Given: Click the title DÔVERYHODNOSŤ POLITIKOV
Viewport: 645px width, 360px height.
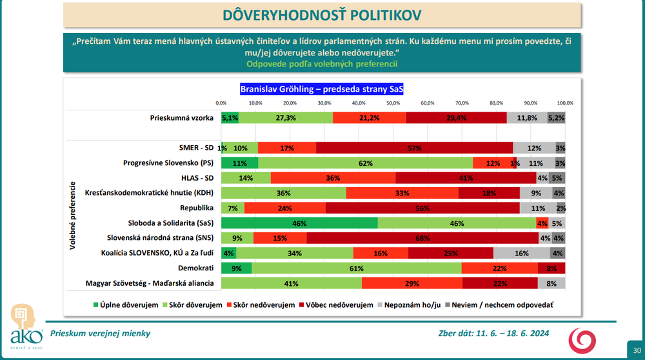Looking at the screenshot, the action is point(322,15).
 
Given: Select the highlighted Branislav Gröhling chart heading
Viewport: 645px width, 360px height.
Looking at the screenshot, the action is point(322,89).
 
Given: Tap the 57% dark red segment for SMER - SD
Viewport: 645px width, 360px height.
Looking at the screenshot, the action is point(415,148).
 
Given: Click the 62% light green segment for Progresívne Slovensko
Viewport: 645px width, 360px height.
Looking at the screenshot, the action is point(366,163).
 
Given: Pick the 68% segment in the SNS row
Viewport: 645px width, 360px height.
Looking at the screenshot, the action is point(422,238).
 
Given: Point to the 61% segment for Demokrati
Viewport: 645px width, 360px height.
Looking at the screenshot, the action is point(357,268).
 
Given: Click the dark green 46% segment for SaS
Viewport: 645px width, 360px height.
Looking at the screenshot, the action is point(299,223).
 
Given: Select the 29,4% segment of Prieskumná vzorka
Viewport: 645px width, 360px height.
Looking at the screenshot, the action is point(456,117).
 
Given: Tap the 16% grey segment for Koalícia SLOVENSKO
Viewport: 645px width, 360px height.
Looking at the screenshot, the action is point(522,253).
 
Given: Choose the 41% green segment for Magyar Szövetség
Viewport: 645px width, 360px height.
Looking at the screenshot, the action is point(292,283).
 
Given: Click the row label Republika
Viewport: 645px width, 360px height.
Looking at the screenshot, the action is point(197,208).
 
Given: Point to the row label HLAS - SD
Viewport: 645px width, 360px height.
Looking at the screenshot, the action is point(197,177).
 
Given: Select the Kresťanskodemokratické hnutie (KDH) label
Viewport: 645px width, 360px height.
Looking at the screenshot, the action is point(150,192).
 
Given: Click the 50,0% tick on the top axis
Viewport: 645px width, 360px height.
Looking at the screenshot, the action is point(393,103).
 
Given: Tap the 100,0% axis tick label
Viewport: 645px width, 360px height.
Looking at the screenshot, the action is point(565,103).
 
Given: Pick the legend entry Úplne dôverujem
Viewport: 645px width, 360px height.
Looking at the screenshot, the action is point(126,305).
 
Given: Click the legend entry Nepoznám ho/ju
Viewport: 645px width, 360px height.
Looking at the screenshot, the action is point(409,305).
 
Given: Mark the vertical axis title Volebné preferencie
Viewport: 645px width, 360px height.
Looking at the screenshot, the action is point(72,215).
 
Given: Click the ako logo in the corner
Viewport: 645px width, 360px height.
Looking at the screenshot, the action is point(26,326).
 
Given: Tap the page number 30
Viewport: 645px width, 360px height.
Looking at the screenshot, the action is point(637,350).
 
